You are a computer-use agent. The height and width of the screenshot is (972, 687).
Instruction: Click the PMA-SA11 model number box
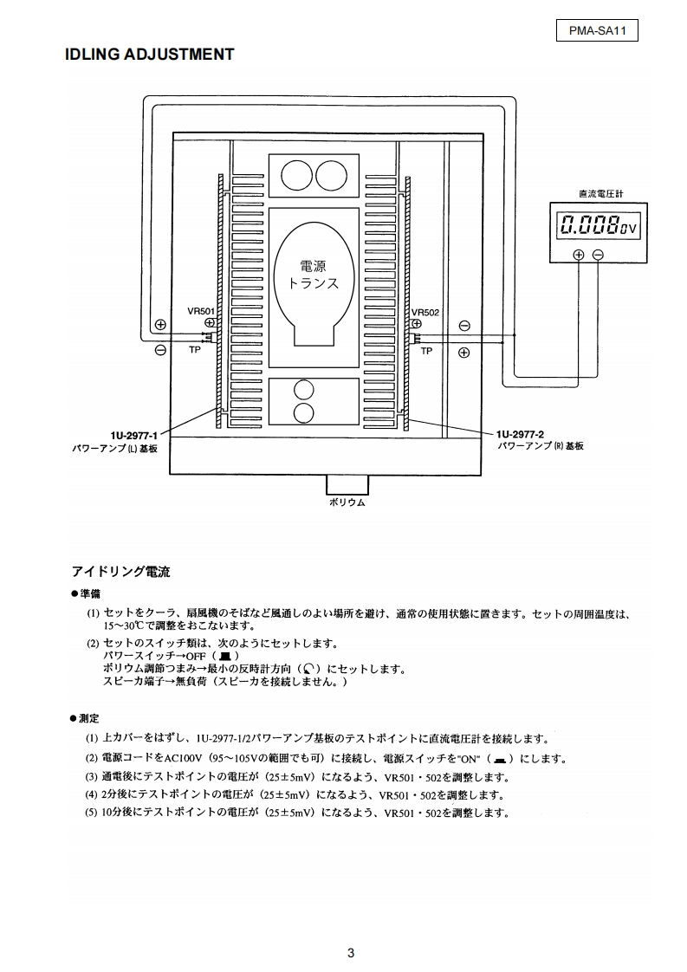pyautogui.click(x=597, y=31)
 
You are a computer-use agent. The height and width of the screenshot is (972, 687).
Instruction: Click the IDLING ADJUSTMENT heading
pyautogui.click(x=150, y=55)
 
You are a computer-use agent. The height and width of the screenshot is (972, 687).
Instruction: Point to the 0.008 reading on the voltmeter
pyautogui.click(x=588, y=226)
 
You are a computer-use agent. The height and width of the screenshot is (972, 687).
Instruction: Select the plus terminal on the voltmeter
pyautogui.click(x=579, y=254)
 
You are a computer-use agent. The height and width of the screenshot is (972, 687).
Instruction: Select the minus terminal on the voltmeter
pyautogui.click(x=598, y=254)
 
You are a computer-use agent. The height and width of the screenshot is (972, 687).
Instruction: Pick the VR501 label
pyautogui.click(x=200, y=311)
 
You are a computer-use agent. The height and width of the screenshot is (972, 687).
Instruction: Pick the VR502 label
pyautogui.click(x=425, y=311)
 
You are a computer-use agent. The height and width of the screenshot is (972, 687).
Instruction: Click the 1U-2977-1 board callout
pyautogui.click(x=135, y=433)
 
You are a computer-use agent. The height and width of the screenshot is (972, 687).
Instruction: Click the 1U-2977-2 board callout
pyautogui.click(x=520, y=433)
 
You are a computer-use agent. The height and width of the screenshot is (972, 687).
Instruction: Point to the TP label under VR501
pyautogui.click(x=194, y=351)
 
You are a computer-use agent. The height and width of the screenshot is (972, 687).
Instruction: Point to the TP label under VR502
pyautogui.click(x=426, y=351)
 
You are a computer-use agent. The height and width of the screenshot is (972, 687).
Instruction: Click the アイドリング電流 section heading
pyautogui.click(x=120, y=572)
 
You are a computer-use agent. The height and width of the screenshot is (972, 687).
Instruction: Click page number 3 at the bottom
pyautogui.click(x=350, y=953)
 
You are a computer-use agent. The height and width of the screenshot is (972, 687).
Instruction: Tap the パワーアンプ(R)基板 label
pyautogui.click(x=540, y=445)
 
